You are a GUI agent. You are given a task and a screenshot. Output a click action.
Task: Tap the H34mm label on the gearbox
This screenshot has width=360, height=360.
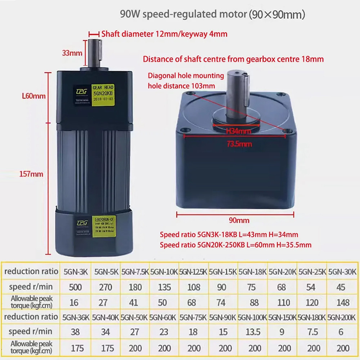click(x=238, y=131)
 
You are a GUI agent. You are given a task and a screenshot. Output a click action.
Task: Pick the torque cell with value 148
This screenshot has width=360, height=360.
click(x=341, y=302)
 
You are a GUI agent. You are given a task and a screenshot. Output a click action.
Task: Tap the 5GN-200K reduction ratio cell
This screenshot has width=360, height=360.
click(x=341, y=318)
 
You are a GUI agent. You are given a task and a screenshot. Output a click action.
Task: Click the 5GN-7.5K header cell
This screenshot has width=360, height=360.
click(x=134, y=272)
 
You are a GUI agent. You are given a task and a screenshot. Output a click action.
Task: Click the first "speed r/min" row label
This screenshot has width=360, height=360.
click(x=30, y=287)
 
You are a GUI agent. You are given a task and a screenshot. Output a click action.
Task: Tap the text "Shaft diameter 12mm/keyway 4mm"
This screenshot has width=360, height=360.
click(x=165, y=34)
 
